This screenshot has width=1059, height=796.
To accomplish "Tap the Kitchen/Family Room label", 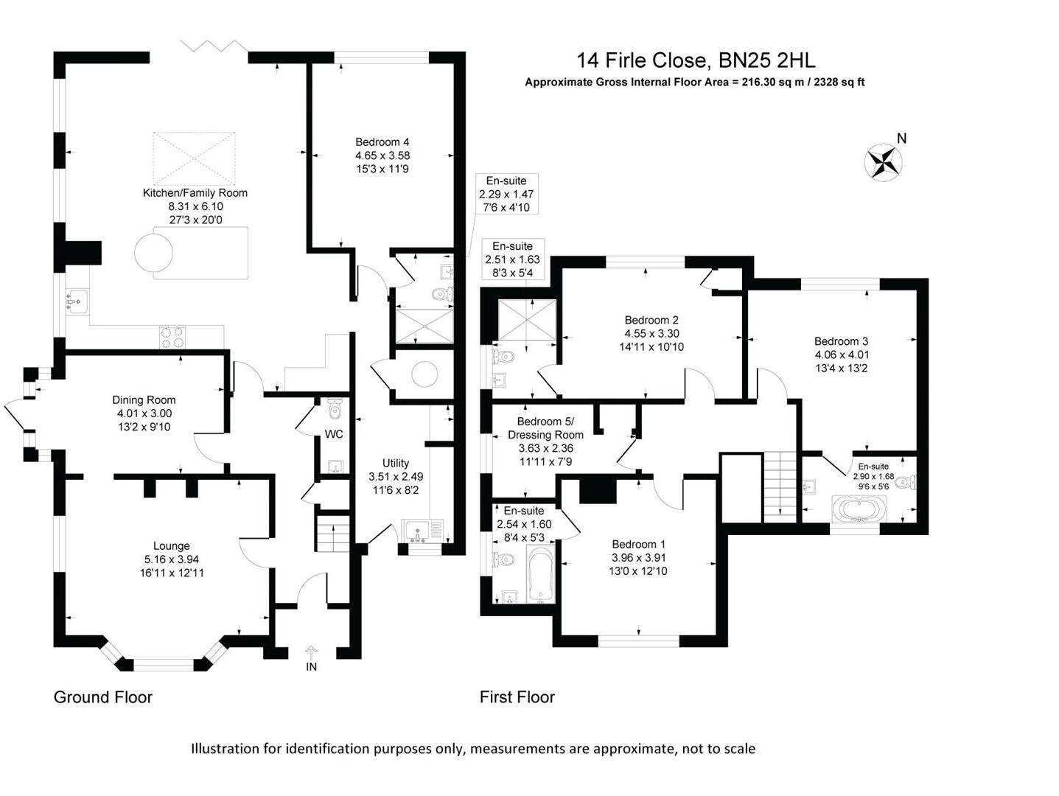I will pos(195,193).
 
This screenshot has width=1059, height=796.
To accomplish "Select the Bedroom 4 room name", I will pos(382,142).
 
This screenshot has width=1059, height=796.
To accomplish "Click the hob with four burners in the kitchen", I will pos(172,337).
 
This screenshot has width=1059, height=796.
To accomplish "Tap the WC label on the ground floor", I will pos(334,434).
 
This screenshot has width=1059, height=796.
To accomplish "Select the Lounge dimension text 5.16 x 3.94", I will pos(171,559).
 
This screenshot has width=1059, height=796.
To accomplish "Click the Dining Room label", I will pos(144,400).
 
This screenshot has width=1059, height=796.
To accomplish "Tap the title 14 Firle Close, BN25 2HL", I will pos(695,60).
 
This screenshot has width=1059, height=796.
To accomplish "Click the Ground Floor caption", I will pos(102,697).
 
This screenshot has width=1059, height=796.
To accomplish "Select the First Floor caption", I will pos(517,697).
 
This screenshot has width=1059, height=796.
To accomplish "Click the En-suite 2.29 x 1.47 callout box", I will pos(506,194).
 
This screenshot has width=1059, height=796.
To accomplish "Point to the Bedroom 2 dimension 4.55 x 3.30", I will pos(651,334).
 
